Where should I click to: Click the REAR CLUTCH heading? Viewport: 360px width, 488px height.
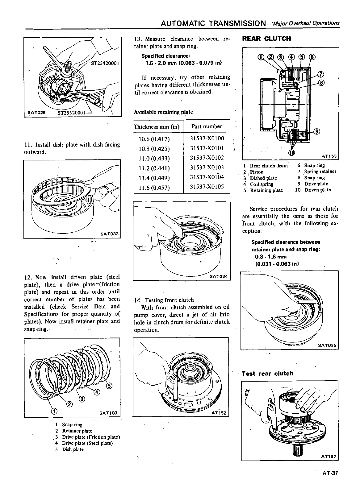pyautogui.click(x=266, y=39)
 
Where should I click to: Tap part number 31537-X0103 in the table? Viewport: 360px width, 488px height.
pyautogui.click(x=207, y=167)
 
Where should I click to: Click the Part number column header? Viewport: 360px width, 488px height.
pyautogui.click(x=207, y=126)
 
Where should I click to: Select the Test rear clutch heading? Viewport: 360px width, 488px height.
pyautogui.click(x=267, y=374)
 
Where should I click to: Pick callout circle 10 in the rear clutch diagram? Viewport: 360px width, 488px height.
pyautogui.click(x=291, y=152)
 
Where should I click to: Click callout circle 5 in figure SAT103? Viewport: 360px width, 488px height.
pyautogui.click(x=109, y=386)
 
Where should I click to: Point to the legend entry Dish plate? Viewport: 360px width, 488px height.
pyautogui.click(x=73, y=449)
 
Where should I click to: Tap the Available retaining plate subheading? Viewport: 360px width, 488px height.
pyautogui.click(x=163, y=112)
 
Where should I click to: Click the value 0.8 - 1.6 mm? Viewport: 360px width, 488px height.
pyautogui.click(x=271, y=257)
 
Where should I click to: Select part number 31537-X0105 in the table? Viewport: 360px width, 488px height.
pyautogui.click(x=207, y=187)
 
